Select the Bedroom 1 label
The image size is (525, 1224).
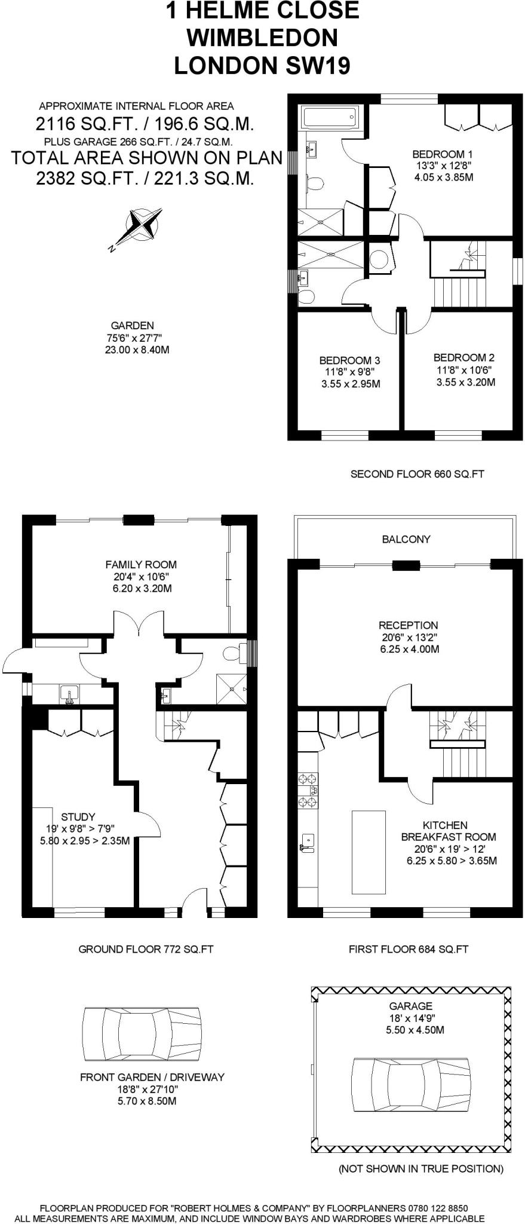tap(443, 166)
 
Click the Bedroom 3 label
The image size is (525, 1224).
tap(349, 372)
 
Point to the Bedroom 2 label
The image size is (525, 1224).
tap(464, 369)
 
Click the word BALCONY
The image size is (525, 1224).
tap(406, 539)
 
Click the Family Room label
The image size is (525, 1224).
tap(141, 576)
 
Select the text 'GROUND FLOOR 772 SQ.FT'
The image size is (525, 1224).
tap(146, 949)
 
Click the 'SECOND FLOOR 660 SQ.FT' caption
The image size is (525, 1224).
tap(417, 474)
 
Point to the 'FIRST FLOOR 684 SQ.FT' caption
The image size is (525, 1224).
tap(409, 949)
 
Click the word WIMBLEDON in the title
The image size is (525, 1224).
tap(262, 38)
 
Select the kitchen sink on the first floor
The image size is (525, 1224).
tap(307, 844)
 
